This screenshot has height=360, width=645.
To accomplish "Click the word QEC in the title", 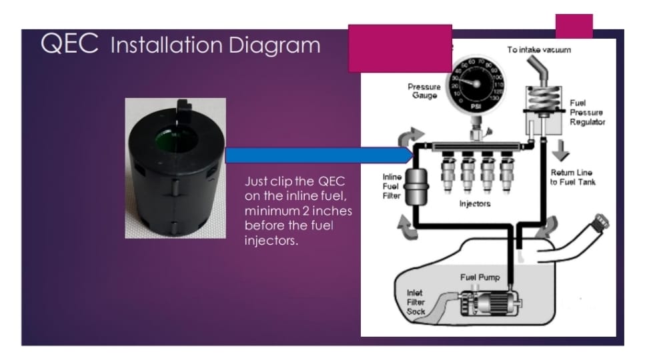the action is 69,43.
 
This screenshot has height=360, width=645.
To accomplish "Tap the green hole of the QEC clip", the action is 177,139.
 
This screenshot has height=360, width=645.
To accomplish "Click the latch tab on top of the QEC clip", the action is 184,108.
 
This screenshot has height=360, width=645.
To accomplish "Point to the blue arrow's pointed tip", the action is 412,155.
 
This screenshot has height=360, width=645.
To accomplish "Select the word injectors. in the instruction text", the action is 271,240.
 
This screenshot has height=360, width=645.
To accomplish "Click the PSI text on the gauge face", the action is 476,107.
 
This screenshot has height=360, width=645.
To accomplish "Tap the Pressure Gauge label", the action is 424,91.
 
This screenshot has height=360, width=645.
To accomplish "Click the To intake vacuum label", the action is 539,50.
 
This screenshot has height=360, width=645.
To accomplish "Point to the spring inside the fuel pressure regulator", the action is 544,98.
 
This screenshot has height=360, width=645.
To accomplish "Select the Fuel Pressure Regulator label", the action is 588,112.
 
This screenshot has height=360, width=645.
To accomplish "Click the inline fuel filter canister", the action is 416,187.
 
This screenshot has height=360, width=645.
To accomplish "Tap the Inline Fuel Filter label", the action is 392,186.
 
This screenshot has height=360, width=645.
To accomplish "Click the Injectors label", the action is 475,203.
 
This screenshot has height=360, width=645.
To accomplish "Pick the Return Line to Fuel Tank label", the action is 572,177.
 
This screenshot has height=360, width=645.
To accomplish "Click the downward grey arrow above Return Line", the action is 561,151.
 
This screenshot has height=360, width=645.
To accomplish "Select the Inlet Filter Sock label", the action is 416,302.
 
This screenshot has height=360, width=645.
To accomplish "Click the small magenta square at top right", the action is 574,26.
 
